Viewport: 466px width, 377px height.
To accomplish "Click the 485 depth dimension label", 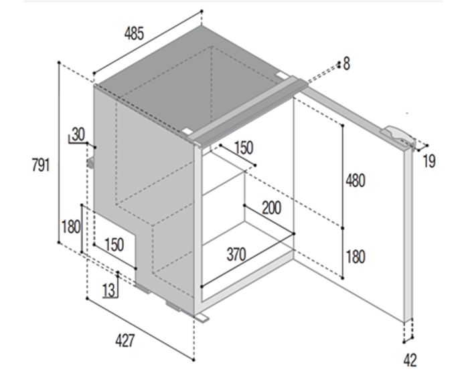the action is [x=134, y=33].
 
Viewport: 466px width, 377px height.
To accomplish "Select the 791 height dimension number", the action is [x=41, y=165].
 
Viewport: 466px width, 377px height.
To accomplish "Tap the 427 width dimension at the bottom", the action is [x=125, y=340].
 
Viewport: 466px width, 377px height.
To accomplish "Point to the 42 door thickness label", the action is [x=410, y=360].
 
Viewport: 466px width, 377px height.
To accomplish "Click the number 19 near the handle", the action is [x=429, y=161].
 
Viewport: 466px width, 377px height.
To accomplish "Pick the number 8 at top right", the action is [x=347, y=64].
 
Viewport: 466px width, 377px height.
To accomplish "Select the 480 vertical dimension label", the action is [x=356, y=180].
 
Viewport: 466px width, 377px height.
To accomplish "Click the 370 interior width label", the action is [x=236, y=255].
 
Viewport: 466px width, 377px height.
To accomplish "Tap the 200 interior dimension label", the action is [x=272, y=208].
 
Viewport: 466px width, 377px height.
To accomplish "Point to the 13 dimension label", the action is [x=108, y=290].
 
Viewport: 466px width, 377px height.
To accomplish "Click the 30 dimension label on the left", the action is [x=78, y=134].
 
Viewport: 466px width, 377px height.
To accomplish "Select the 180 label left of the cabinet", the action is [x=71, y=227].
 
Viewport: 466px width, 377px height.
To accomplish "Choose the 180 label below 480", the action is [x=356, y=257].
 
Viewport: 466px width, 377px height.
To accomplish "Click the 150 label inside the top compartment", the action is [x=244, y=148].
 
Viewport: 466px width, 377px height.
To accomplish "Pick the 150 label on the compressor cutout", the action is [x=114, y=245].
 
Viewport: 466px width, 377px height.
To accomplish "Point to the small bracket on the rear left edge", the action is [x=90, y=162].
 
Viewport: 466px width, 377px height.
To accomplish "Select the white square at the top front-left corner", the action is [x=187, y=131].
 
